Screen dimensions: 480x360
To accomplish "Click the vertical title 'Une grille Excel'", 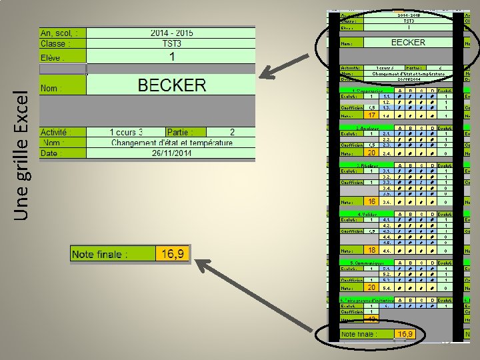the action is coord(22,154).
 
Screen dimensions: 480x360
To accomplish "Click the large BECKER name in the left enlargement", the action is coord(171,85).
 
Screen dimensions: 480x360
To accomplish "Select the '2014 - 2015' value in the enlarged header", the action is coord(171,32).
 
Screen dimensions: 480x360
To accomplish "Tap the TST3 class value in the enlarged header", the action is coord(171,43).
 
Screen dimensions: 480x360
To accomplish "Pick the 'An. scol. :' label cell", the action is coord(63,32).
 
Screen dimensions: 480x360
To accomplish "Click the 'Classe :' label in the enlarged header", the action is coord(63,43).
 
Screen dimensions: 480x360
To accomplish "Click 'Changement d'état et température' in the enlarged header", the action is coord(171,143).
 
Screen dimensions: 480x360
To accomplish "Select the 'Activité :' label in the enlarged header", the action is coord(63,132).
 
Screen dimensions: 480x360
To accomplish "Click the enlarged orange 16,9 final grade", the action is coord(173,254).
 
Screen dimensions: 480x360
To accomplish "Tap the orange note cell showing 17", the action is coord(372,115).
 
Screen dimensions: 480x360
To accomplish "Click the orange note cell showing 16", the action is coord(372,201).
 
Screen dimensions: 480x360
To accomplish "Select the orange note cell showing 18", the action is coord(372,249).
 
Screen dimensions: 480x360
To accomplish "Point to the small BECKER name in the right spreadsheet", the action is coord(407,42).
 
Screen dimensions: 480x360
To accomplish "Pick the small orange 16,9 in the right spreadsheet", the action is coord(405,333).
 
